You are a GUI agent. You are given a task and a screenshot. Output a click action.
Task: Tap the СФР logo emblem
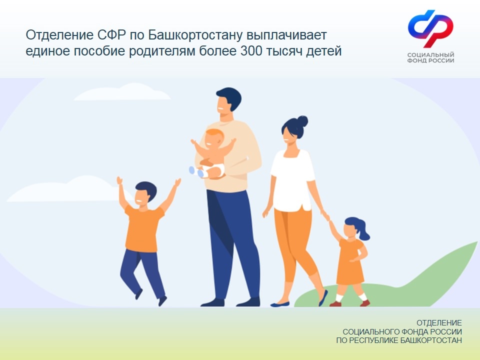(430, 28)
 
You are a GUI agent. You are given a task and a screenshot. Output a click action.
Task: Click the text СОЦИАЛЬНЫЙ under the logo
(430, 55)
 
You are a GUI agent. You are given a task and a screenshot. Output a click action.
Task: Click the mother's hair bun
(302, 121)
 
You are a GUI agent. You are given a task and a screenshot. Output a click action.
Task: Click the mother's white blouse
(292, 180)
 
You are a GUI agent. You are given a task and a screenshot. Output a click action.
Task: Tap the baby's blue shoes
(197, 172)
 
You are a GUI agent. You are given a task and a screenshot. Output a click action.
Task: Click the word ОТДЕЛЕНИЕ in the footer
(439, 323)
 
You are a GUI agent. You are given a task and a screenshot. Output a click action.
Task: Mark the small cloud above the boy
(66, 190)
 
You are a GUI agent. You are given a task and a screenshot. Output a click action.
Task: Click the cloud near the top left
(122, 92)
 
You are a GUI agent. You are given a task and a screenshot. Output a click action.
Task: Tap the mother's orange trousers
(295, 245)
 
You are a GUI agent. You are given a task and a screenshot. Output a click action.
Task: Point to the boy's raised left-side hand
(119, 180)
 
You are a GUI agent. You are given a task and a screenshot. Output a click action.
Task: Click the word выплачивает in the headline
(286, 35)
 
